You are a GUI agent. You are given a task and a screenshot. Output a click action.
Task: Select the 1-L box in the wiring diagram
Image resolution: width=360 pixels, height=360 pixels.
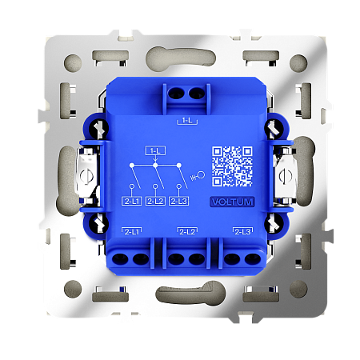pos(156,150)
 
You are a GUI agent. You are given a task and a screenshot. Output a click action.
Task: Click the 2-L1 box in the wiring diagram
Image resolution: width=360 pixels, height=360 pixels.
pos(132,202)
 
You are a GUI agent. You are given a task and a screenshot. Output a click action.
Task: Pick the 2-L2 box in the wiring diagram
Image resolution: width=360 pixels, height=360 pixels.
pos(157,202)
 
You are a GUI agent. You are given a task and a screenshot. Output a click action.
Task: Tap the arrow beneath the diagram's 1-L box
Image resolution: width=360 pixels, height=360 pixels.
pos(156,160)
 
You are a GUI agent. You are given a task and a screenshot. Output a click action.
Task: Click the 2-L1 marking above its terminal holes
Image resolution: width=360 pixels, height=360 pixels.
pos(131,231)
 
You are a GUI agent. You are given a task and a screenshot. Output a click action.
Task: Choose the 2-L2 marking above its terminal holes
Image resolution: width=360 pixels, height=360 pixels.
pos(187,231)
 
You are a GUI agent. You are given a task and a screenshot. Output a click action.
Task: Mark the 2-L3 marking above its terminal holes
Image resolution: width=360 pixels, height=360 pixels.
pos(242,231)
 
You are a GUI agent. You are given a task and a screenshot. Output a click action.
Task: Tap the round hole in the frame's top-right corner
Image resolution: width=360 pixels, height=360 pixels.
pos(298,62)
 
